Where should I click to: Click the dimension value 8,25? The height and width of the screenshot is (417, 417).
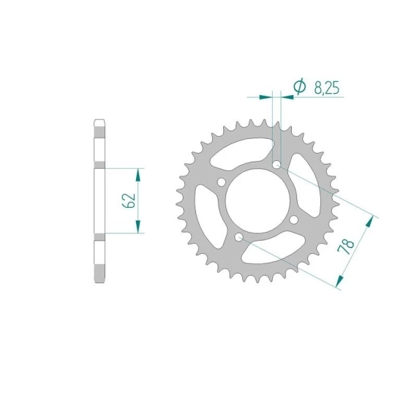point(327,88)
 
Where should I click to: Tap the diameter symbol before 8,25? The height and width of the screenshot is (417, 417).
point(300,86)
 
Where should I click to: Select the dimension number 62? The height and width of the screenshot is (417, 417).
point(129,200)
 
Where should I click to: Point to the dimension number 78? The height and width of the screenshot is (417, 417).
point(346,247)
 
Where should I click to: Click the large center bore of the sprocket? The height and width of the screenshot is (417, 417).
point(258,200)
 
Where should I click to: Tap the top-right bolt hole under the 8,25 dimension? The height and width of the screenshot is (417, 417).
point(277,165)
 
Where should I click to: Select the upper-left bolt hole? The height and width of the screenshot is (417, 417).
point(221,182)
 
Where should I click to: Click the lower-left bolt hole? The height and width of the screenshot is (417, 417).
point(238,237)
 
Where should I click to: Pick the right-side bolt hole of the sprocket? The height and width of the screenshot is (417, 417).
point(293,219)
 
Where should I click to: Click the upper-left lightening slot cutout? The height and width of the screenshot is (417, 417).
point(239,152)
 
